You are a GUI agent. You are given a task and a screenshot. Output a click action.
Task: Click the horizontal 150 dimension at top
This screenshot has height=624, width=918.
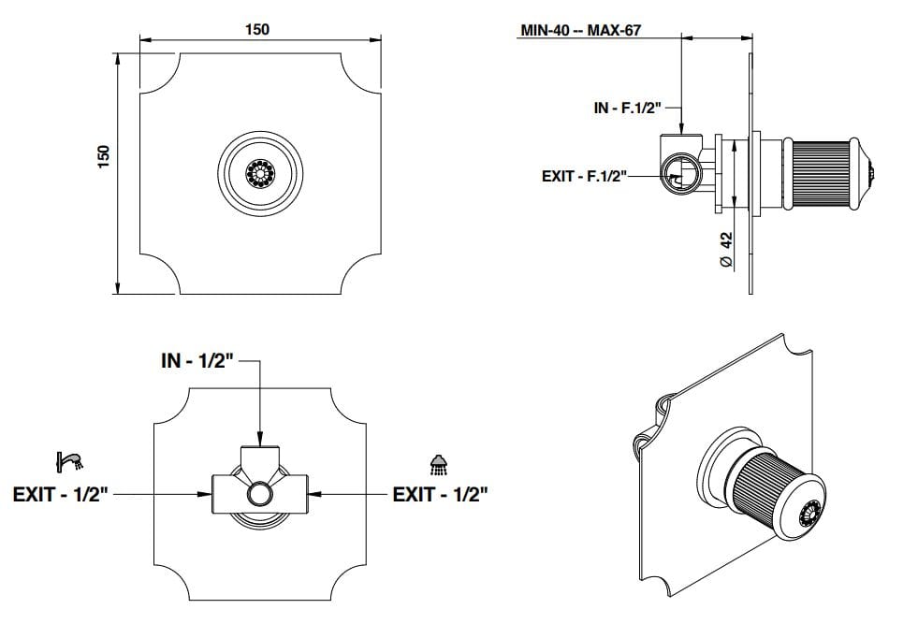coord(256,29)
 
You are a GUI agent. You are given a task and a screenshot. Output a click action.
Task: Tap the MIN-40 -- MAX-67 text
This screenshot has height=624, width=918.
coord(586,29)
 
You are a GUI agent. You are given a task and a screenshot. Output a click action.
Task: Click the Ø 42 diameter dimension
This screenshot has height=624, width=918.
coord(725,250)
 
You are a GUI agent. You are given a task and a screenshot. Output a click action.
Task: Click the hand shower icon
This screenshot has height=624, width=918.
coord(69,460)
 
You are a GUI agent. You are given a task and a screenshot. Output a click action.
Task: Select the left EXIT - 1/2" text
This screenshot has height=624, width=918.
coord(61,493)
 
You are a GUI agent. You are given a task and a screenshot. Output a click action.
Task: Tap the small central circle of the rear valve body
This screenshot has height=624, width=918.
coord(259,493)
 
